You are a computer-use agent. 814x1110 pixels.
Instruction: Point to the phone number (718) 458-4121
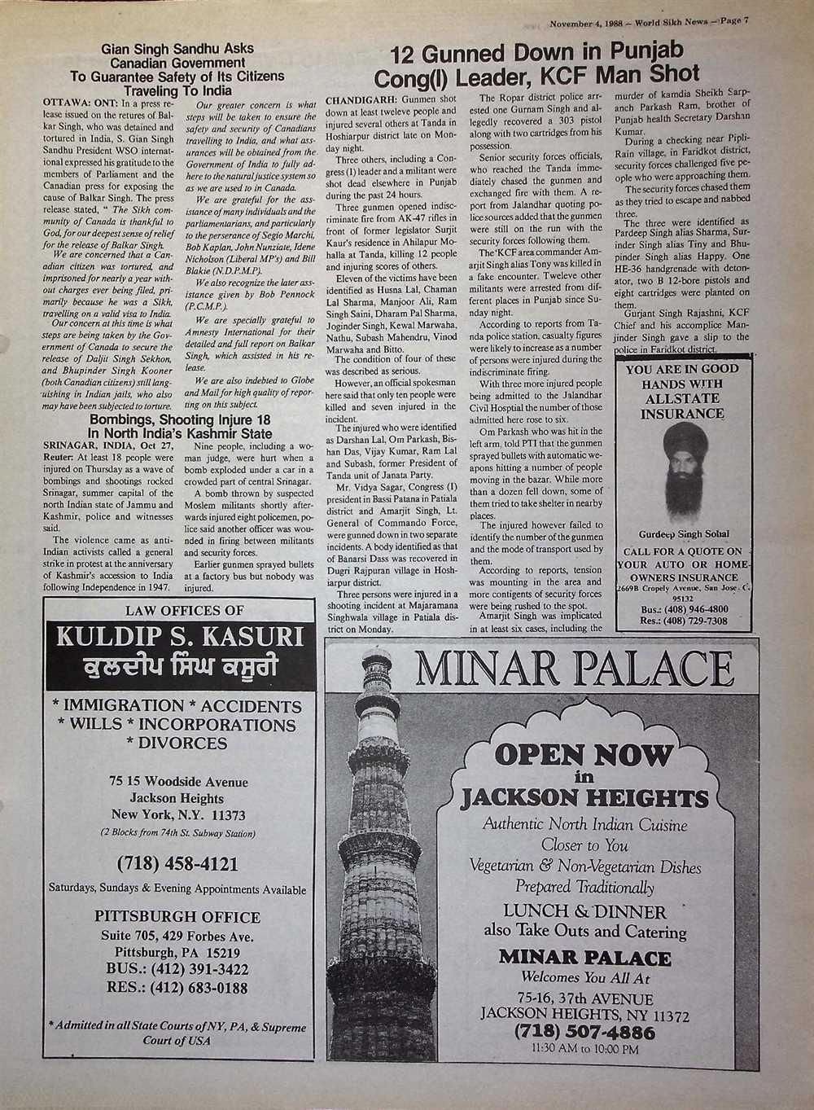coord(177,863)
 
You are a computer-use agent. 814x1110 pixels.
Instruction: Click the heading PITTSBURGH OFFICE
coord(177,917)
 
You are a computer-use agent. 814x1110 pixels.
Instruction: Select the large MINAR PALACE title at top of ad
coord(574,669)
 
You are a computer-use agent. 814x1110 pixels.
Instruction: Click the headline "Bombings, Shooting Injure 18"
coord(180,420)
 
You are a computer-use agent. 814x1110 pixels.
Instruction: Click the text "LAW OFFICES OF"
coord(184,611)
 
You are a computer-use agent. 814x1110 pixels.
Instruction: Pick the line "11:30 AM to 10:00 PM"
coord(584,1049)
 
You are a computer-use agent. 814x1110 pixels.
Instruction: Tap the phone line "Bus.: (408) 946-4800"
coord(684,608)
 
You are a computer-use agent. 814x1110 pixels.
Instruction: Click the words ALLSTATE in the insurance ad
coord(682,399)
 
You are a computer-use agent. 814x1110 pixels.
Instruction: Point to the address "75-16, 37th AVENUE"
coord(584,999)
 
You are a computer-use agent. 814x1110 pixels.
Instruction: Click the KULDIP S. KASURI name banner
coord(180,636)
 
